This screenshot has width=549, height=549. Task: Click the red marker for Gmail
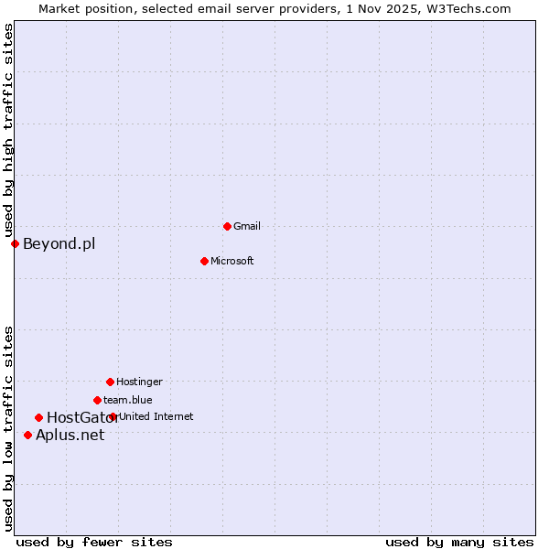coord(227,226)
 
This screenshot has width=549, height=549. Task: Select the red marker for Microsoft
coord(205,261)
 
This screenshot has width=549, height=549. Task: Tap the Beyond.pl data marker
coord(15,243)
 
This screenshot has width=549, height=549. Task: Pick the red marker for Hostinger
coord(110,382)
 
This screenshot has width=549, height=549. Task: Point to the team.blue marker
coord(97,400)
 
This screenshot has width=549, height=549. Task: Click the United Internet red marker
coord(113,416)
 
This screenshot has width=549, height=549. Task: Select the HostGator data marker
coord(38,418)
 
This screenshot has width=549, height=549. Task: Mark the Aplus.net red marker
coord(27,435)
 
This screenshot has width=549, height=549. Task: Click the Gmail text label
coord(247,226)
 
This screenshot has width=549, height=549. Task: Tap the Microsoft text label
coord(232,261)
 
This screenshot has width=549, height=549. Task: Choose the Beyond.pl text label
coord(59,243)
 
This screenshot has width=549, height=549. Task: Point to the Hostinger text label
coord(139,382)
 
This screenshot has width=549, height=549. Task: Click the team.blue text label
coord(128,400)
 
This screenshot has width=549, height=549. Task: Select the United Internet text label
coord(156,416)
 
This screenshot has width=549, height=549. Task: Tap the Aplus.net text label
coord(70,435)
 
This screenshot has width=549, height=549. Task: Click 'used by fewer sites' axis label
coord(94,543)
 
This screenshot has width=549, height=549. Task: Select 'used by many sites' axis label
coord(459,543)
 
